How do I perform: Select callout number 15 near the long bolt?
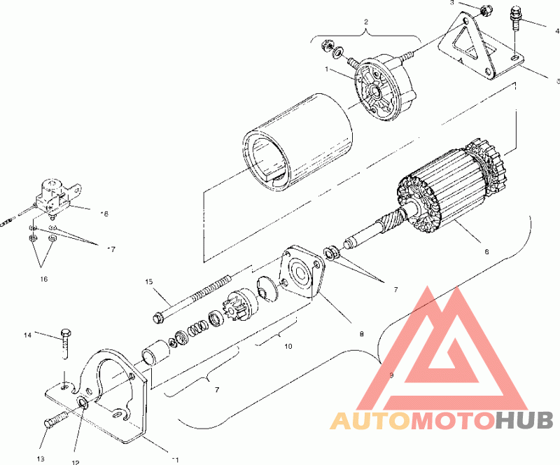pos(148,282)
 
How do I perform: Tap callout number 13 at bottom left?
pos(41,459)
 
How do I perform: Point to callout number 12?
pos(76,461)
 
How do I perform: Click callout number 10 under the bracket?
pos(287,346)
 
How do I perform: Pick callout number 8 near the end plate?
pos(360,334)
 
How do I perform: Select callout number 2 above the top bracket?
pos(365,22)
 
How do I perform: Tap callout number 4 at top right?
pos(556,31)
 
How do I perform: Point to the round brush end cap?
pos(381,91)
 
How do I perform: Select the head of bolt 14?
pos(66,331)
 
